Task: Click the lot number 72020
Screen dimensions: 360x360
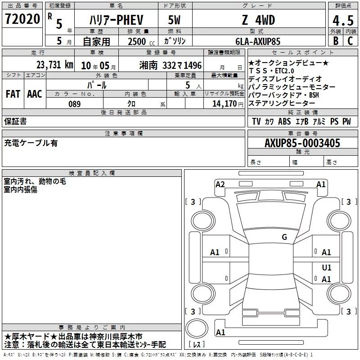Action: coord(22,19)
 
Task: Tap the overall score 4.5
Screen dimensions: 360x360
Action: coord(343,21)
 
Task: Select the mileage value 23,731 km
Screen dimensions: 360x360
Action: coord(54,65)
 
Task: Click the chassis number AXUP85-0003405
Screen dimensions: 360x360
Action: coord(302,143)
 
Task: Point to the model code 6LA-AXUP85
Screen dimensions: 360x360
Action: coord(258,41)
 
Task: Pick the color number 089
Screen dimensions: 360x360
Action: coord(75,104)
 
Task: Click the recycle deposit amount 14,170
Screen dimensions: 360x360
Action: coord(225,104)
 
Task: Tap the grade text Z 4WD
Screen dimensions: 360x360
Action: coord(258,20)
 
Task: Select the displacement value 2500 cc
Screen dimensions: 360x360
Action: coord(141,42)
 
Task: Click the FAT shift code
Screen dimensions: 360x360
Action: coord(13,94)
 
